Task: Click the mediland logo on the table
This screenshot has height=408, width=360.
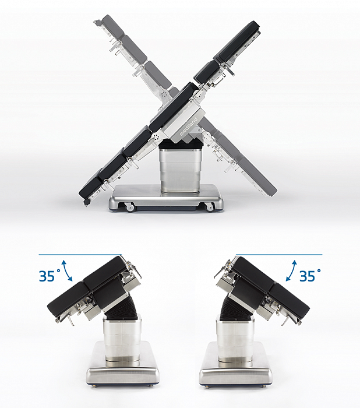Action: coord(189,126)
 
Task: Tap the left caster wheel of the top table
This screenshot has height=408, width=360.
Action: coord(130,207)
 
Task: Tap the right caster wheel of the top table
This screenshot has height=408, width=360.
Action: coord(209,207)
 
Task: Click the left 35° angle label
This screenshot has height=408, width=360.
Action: coord(50,276)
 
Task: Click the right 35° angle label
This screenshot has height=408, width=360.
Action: coord(310,276)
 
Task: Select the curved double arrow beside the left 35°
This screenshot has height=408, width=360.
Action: coord(68,270)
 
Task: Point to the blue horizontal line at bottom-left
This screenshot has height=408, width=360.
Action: coord(80,255)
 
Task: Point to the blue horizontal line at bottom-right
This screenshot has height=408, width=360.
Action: coord(279,255)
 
